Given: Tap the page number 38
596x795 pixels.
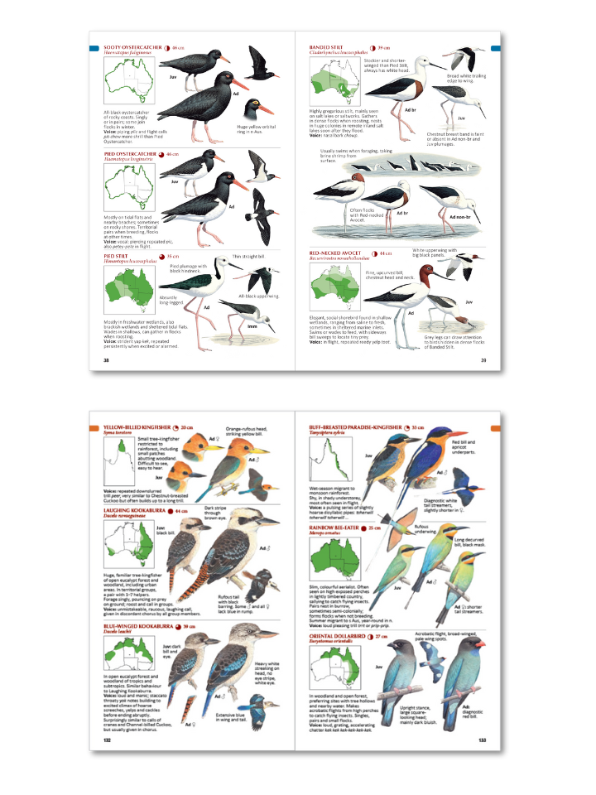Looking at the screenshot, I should (x=106, y=360).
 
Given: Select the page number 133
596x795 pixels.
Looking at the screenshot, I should (x=481, y=741).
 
